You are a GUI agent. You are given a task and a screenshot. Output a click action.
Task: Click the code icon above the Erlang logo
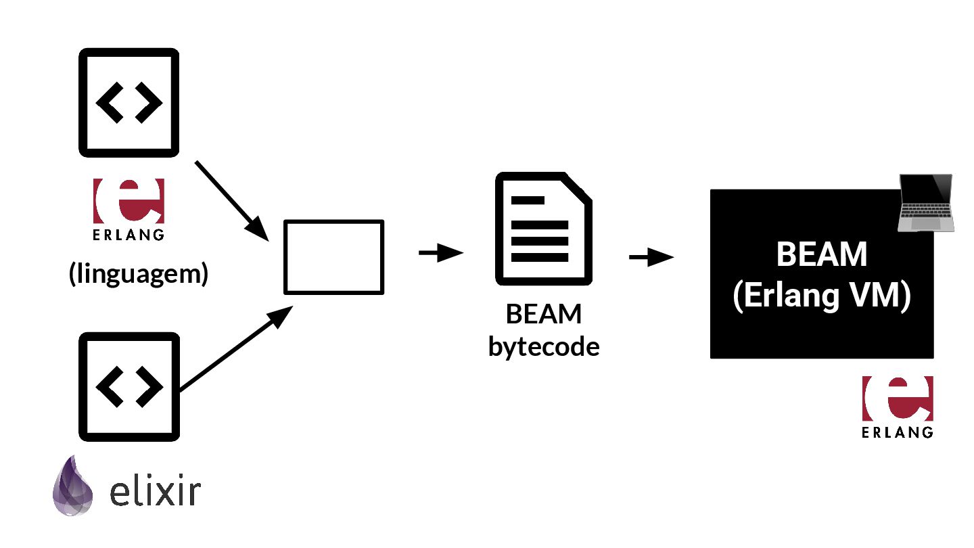tap(129, 101)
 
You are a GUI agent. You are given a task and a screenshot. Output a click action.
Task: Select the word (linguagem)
tap(138, 274)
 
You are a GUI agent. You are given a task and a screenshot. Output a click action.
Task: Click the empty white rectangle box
tap(333, 257)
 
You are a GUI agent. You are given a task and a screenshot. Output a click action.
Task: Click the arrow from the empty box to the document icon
tap(441, 254)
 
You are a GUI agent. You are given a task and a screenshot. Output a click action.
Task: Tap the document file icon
tap(543, 230)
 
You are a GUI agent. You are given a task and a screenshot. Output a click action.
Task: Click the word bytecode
tap(544, 346)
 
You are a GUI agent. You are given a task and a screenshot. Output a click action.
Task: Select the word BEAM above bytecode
tap(544, 315)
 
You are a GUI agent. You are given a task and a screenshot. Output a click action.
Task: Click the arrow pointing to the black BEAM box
tap(651, 257)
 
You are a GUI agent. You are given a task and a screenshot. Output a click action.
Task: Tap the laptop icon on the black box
tap(925, 203)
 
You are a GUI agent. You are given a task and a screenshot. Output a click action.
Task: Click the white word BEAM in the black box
tap(821, 255)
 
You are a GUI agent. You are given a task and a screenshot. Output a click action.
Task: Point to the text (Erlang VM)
tap(821, 296)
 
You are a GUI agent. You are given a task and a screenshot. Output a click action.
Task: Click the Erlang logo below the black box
tap(898, 399)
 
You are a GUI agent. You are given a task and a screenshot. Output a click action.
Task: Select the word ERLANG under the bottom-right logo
tap(898, 432)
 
